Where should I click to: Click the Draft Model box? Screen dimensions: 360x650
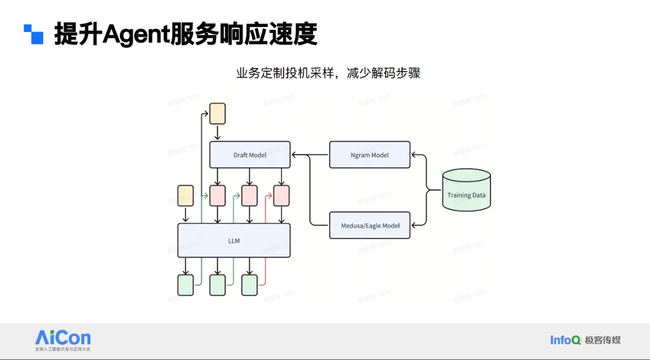[250, 155]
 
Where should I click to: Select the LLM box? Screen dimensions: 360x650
[234, 241]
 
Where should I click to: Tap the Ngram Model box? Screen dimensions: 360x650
[370, 155]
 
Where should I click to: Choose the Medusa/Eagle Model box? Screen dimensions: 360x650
[370, 225]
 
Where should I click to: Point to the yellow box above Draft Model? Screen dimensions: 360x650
[217, 114]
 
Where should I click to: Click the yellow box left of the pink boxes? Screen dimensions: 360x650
[185, 196]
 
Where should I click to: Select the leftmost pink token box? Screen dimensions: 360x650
[217, 196]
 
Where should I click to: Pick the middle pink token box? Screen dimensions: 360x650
[249, 196]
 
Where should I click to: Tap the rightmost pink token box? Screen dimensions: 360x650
[281, 196]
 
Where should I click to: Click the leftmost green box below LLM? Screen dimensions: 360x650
[185, 285]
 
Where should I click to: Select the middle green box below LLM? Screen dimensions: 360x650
[217, 285]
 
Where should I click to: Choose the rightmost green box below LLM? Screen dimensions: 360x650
[249, 285]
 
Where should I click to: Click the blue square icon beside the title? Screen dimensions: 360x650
[34, 34]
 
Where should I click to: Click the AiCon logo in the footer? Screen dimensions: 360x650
[63, 338]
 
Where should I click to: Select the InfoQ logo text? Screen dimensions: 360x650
[565, 340]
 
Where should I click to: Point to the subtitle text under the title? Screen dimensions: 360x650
[328, 73]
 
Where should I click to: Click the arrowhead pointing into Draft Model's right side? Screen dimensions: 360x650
[294, 155]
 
